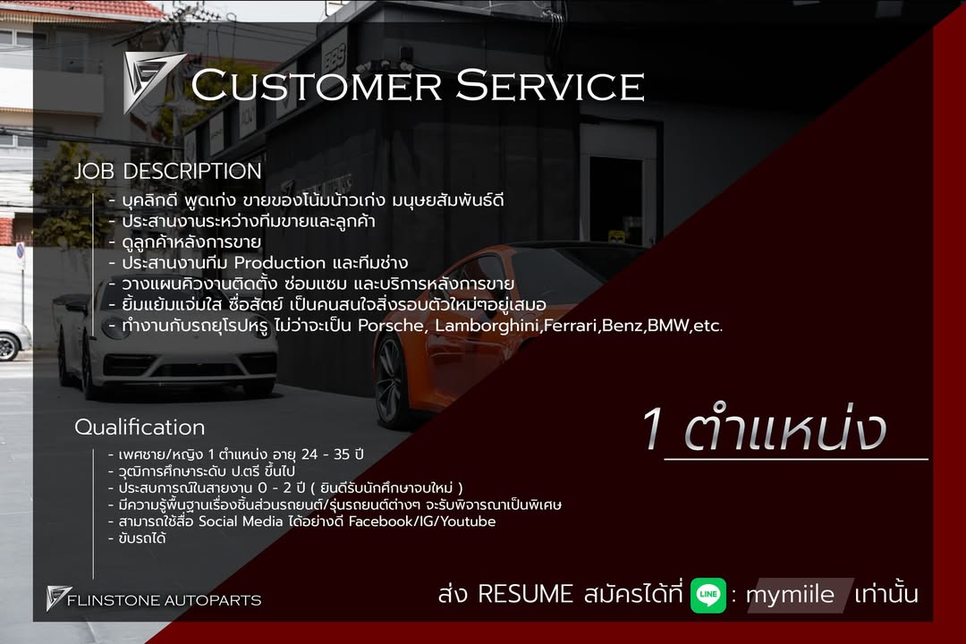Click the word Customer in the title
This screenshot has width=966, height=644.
point(315,86)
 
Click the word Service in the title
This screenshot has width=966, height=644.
point(549,86)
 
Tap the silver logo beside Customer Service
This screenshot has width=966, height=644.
point(153,81)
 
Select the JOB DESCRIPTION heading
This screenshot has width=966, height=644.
point(167,171)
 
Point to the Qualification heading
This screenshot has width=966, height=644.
point(140,428)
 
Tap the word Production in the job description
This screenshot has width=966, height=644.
point(279,263)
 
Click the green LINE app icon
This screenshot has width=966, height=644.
point(708,595)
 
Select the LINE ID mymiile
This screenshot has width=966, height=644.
point(790,595)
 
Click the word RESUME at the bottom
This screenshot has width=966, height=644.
point(525,594)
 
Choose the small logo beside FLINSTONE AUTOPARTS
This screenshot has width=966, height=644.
point(59,598)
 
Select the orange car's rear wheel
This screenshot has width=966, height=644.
point(392,380)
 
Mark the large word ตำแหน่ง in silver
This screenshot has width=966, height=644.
point(784,432)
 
